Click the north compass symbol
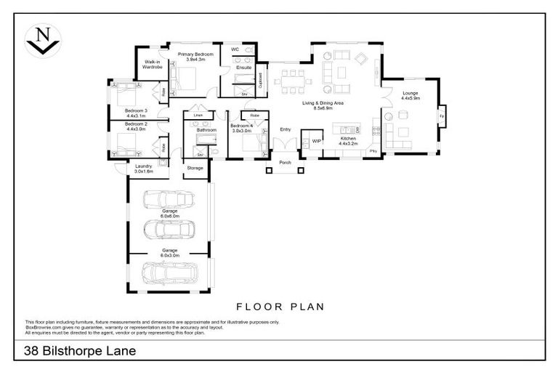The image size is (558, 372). click(43, 40)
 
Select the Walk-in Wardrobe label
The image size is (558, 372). click(152, 65)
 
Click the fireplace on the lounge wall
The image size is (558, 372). click(441, 116)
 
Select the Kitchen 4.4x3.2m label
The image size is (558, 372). click(348, 140)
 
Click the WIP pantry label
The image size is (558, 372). click(316, 141)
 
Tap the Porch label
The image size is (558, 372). click(285, 163)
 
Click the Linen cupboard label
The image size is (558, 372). click(197, 115)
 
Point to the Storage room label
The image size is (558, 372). click(195, 168)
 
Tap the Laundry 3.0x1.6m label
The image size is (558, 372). click(144, 169)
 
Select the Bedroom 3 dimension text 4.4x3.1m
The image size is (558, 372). click(136, 116)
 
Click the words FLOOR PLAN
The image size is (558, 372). click(280, 307)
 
